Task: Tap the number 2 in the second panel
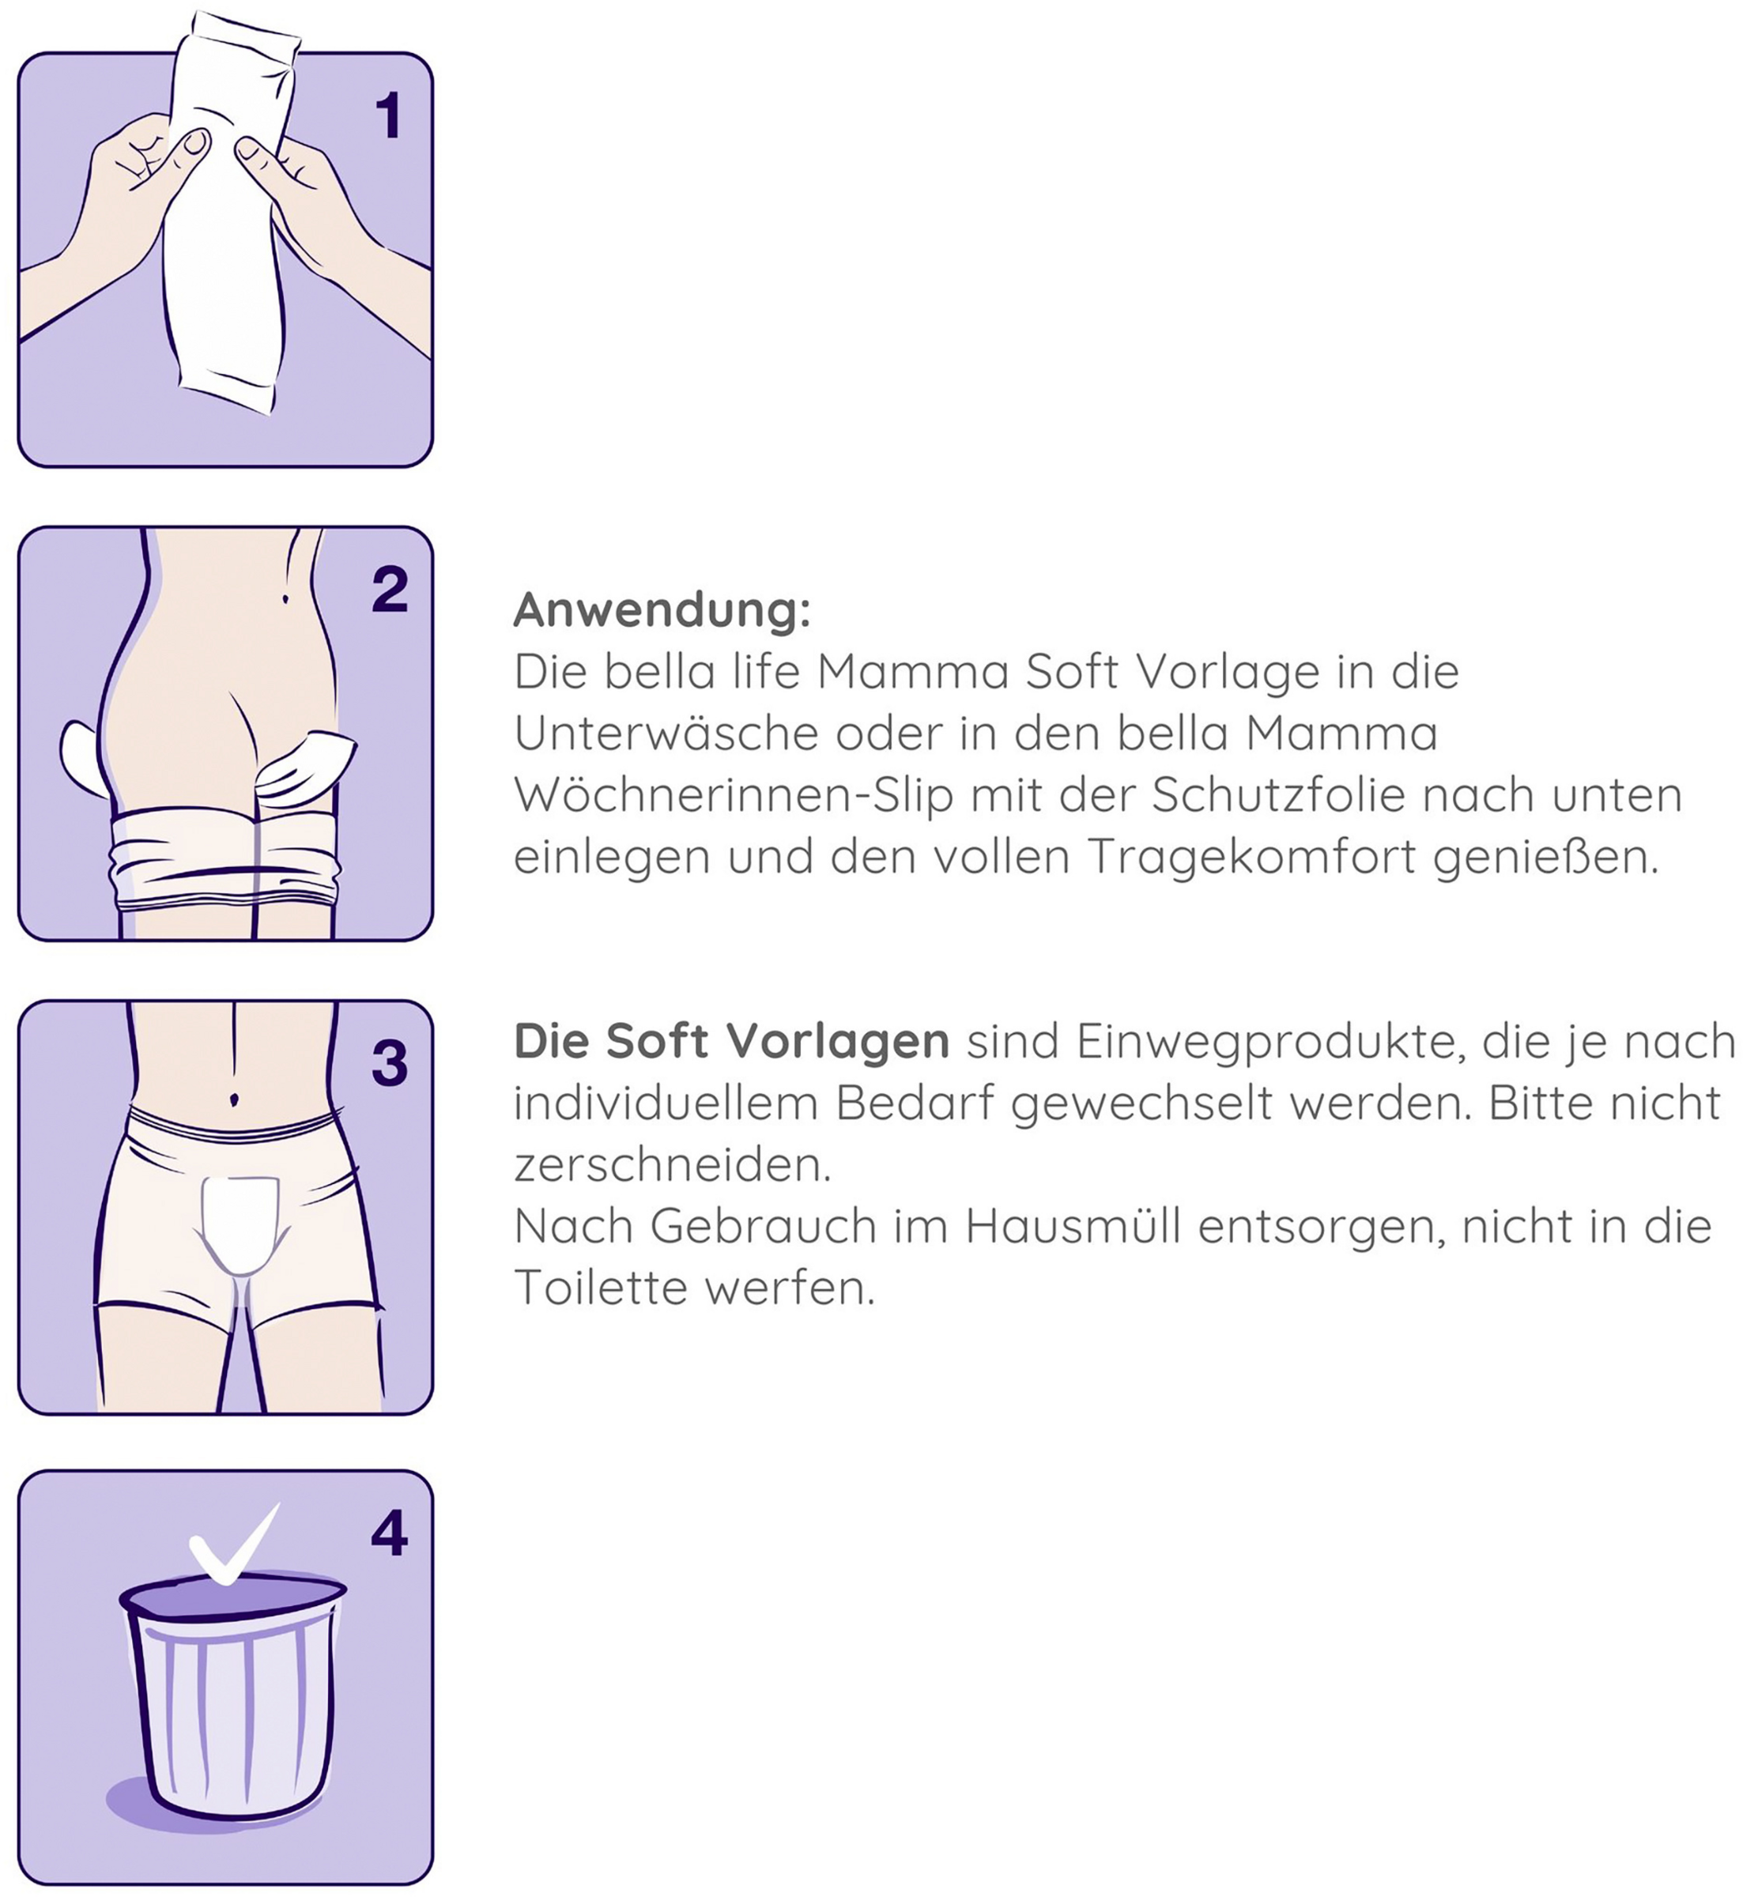pos(390,590)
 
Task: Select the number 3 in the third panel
pos(390,1063)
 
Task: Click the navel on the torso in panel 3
pos(234,1099)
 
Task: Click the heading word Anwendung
pos(661,610)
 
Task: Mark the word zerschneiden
pos(672,1166)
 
